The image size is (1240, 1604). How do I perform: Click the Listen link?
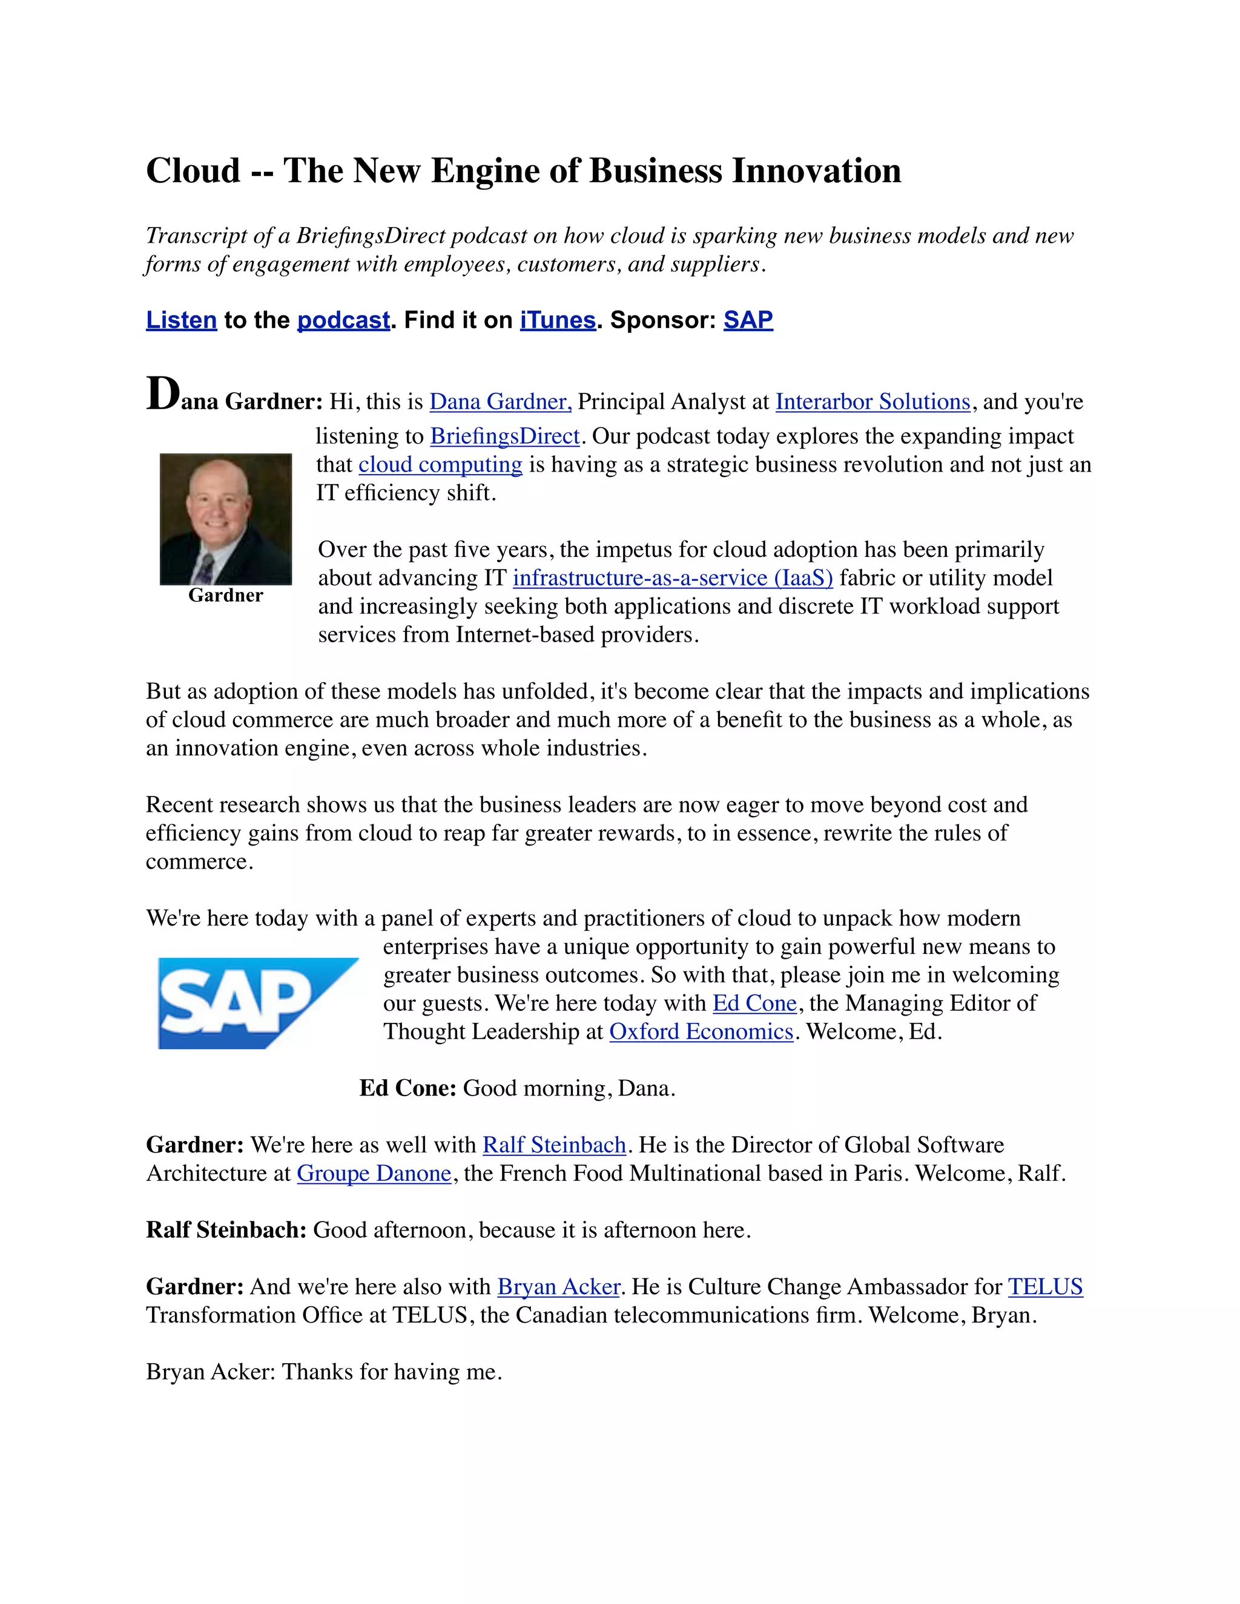coord(182,320)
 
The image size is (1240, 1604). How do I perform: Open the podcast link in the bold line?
coord(343,320)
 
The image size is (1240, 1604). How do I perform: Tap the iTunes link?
coord(558,320)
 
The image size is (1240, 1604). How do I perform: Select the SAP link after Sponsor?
coord(748,320)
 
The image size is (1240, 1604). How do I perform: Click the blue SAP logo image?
coord(257,1002)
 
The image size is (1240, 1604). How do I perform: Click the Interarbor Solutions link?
coord(872,402)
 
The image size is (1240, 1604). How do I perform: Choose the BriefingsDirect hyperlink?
coord(505,436)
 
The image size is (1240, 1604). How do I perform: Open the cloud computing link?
coord(440,465)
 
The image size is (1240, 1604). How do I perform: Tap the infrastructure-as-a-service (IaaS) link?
coord(672,578)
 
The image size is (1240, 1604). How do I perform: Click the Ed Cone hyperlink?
coord(754,1003)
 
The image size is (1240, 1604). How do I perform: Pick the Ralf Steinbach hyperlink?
coord(554,1145)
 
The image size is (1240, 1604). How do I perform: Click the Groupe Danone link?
coord(374,1174)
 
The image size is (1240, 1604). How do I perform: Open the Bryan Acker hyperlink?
coord(559,1287)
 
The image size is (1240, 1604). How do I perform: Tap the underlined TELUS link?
coord(1044,1287)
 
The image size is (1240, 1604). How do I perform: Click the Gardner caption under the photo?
coord(225,595)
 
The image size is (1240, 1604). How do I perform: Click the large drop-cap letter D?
coord(162,395)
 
